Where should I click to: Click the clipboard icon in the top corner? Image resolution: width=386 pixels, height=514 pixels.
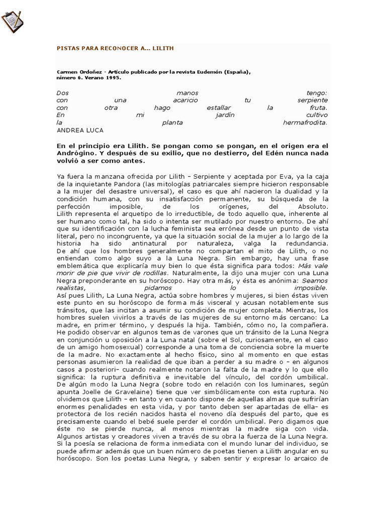pos(12,20)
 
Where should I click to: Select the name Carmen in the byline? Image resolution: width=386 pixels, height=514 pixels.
pos(67,72)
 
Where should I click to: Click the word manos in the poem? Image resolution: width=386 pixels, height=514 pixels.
pos(187,93)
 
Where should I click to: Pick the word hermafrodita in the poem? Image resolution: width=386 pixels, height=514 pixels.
pos(305,122)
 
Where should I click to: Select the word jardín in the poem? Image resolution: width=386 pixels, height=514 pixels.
pos(224,115)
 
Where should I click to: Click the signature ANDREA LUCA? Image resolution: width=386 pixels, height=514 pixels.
pos(80,130)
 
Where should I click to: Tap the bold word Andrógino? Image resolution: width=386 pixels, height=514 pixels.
pos(77,154)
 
